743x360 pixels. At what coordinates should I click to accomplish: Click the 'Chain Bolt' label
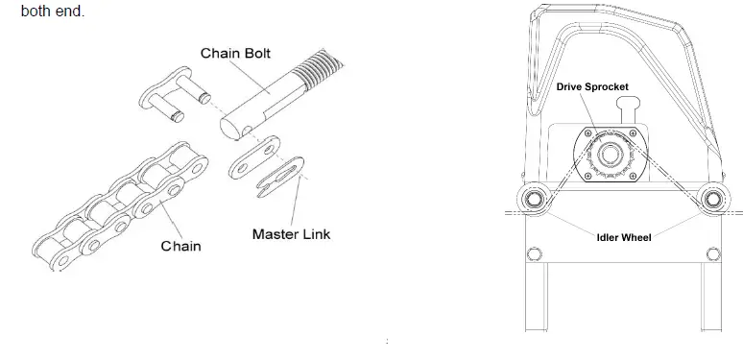click(x=234, y=53)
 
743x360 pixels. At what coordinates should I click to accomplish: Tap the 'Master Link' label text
click(x=292, y=233)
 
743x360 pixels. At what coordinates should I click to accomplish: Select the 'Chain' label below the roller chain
click(x=180, y=246)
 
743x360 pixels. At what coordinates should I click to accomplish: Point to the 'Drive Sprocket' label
click(x=592, y=87)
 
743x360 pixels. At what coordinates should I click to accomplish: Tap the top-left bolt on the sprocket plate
click(x=581, y=132)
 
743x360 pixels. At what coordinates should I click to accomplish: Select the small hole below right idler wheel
click(x=712, y=253)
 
